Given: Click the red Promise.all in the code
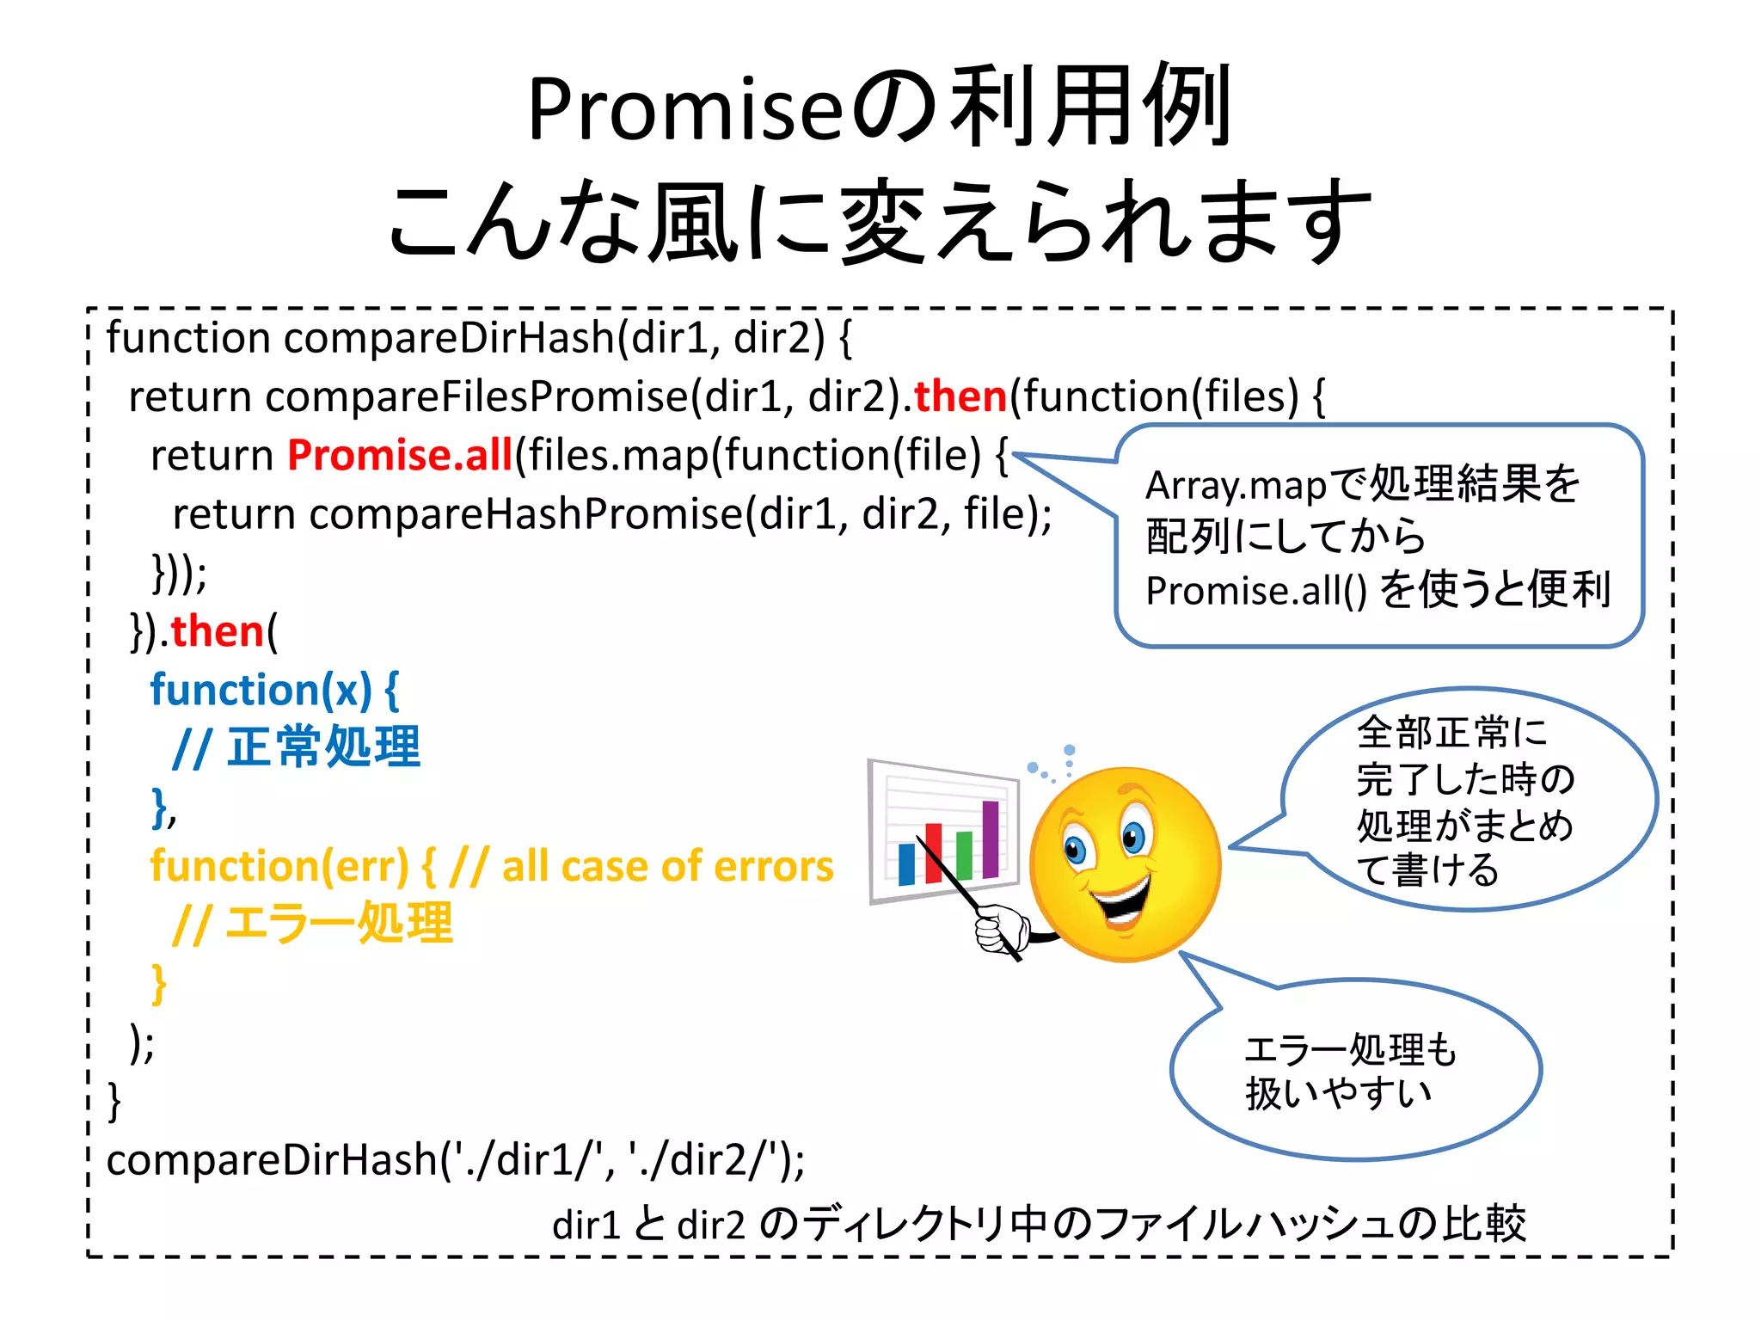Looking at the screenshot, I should (400, 455).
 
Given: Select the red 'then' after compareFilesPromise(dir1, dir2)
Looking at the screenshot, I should (960, 396).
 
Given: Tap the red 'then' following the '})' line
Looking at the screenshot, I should (217, 631).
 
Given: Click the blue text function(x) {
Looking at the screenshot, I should (274, 690).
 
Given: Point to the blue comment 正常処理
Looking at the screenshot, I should (322, 747).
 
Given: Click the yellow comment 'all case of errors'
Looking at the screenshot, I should (667, 866).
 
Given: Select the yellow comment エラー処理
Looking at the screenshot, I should (338, 924).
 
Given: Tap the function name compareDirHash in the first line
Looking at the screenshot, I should (448, 338).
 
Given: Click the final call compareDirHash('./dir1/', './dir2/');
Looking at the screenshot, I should (456, 1159).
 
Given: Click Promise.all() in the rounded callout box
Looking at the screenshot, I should (1255, 591).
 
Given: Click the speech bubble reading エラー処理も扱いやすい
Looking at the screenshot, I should (1350, 1071).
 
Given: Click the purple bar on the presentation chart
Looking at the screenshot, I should (991, 839).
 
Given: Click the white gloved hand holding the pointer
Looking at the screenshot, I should (1002, 929).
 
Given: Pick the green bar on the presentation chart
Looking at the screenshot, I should (964, 855).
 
